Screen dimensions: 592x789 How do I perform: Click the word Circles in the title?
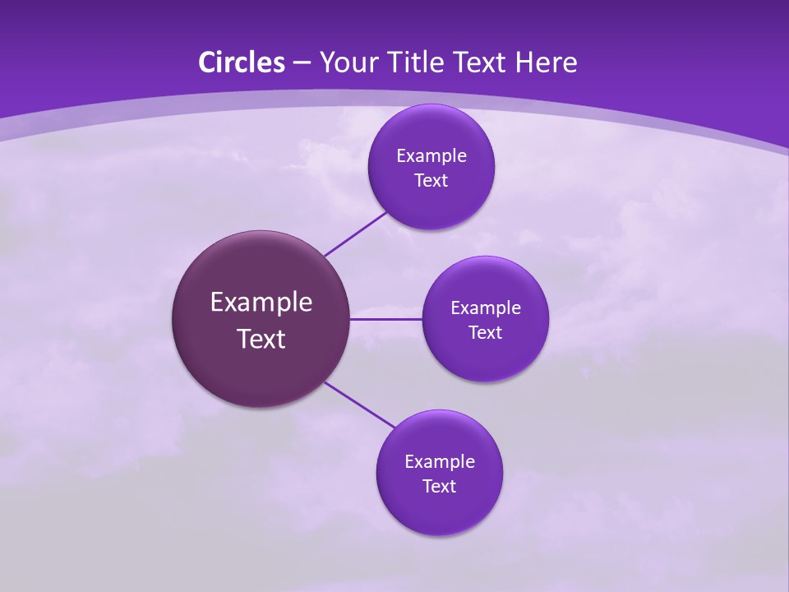click(x=242, y=62)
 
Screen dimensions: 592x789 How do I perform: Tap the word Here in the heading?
click(x=547, y=62)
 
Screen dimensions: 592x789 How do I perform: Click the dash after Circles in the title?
click(x=302, y=63)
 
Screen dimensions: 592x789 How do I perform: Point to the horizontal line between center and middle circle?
click(x=385, y=319)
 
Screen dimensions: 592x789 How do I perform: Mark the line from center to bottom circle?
click(x=360, y=405)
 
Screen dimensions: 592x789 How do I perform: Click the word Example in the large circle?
click(x=261, y=303)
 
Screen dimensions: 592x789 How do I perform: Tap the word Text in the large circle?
click(x=261, y=339)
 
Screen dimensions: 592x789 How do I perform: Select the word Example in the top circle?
click(x=431, y=156)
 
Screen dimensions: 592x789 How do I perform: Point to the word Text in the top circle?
click(x=431, y=181)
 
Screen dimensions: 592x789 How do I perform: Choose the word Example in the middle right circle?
click(x=486, y=308)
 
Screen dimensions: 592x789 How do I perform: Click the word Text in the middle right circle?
click(x=485, y=333)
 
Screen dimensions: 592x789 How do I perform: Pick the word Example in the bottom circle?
click(x=440, y=462)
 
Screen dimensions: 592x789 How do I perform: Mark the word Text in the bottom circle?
click(x=439, y=487)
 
